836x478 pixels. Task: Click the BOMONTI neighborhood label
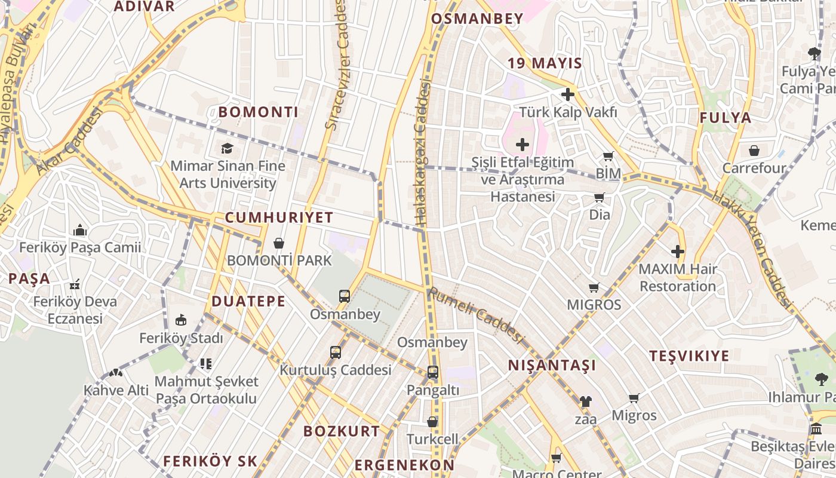point(258,112)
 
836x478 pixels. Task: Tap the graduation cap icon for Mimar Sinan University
point(227,148)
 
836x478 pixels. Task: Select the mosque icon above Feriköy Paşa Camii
point(80,231)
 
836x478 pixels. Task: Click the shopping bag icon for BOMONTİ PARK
point(278,243)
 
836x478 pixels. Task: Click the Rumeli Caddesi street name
point(475,315)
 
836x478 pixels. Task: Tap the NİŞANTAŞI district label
point(552,365)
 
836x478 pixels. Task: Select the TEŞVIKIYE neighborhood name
point(689,356)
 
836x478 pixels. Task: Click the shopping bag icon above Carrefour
point(754,151)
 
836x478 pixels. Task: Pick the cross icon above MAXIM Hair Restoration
point(678,252)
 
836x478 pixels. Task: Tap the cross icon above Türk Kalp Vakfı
point(568,94)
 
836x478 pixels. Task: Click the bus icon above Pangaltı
point(433,372)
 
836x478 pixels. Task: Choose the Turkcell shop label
point(432,439)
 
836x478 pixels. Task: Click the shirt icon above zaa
point(585,402)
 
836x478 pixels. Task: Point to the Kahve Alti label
point(116,390)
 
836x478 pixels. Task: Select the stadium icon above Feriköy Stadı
point(181,320)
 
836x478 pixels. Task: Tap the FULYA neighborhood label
point(726,118)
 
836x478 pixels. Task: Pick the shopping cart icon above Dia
point(599,197)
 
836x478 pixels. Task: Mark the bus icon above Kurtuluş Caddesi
point(336,353)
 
